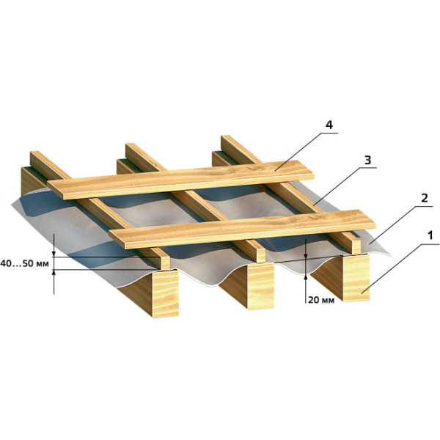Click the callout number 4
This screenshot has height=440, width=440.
click(x=329, y=125)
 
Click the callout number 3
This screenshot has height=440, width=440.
click(x=367, y=160)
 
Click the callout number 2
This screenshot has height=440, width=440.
click(x=425, y=198)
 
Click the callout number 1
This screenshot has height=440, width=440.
click(x=430, y=235)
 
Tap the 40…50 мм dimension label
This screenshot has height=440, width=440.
click(x=25, y=263)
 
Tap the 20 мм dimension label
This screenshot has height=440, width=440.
click(x=321, y=300)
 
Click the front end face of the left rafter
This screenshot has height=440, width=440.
click(x=165, y=293)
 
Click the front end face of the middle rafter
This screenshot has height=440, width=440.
click(x=261, y=286)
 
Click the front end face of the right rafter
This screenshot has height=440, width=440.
click(x=356, y=278)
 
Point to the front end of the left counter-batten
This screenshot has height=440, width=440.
click(x=166, y=263)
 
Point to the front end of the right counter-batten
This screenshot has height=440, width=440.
click(x=356, y=246)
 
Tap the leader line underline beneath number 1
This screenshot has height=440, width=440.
click(x=430, y=244)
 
